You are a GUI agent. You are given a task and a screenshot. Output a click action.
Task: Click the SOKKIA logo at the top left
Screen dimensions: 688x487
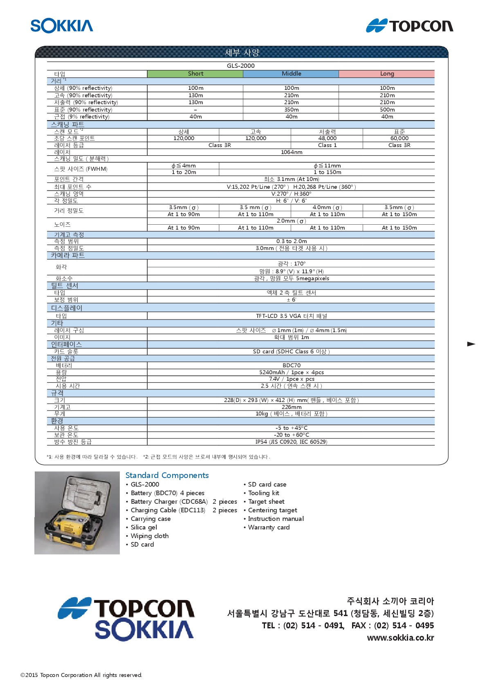point(62,26)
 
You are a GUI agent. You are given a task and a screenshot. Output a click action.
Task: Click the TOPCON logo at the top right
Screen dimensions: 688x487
point(409,26)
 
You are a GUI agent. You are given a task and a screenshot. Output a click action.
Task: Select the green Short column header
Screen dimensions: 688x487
point(195,74)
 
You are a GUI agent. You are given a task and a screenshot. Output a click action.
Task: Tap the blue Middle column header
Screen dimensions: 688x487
point(291,74)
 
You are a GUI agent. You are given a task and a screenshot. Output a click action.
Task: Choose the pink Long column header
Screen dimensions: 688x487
point(387,74)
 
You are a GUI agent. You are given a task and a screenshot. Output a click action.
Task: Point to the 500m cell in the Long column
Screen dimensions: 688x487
point(387,109)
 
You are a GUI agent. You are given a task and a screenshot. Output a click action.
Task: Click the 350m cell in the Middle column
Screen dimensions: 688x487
point(291,109)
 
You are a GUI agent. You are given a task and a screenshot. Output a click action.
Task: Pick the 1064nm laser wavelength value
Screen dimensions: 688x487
point(291,152)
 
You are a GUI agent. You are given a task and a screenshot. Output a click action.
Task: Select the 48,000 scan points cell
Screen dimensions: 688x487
point(327,138)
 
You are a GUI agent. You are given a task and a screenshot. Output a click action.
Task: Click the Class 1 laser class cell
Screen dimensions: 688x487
point(327,145)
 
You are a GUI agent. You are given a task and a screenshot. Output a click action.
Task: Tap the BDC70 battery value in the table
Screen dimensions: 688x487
point(291,365)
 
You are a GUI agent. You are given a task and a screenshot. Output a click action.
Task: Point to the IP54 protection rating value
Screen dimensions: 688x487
point(291,442)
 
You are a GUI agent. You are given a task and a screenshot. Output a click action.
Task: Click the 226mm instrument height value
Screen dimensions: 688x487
point(291,407)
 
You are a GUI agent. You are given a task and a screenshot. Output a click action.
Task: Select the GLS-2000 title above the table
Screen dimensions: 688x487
point(240,65)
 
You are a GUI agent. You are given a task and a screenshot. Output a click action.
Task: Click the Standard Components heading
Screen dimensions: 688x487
point(167,475)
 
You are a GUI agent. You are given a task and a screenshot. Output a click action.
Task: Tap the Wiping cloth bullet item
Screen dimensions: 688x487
point(149,536)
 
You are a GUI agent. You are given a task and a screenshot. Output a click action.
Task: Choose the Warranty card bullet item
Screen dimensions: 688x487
point(269,527)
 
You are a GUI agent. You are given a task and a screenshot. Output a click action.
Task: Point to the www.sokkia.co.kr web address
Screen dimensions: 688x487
point(400,637)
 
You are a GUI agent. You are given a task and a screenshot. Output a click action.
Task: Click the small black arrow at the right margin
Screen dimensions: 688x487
point(471,344)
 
